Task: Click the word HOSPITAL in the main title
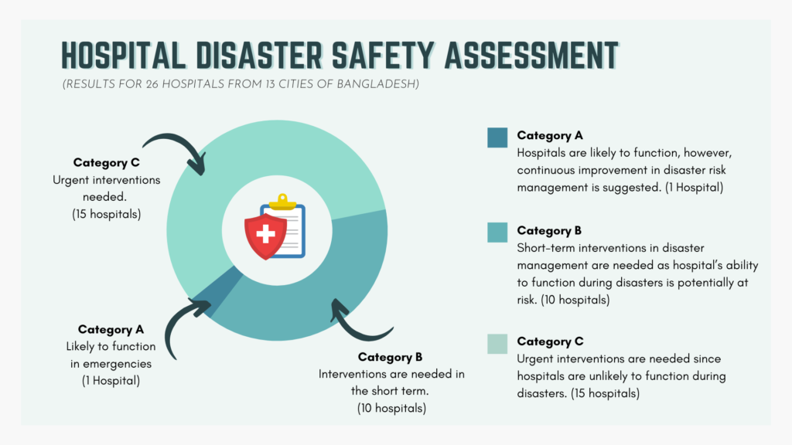(123, 55)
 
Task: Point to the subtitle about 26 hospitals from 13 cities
(241, 83)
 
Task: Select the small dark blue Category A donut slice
(218, 292)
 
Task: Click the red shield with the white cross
(265, 236)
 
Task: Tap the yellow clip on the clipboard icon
(282, 202)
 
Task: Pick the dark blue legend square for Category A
(497, 138)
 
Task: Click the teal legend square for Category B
(497, 233)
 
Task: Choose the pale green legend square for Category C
(497, 344)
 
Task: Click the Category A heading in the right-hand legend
(550, 135)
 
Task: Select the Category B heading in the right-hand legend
(549, 230)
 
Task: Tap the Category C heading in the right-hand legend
(550, 341)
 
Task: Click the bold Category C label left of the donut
(106, 162)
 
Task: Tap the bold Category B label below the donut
(390, 357)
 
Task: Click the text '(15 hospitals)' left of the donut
(106, 214)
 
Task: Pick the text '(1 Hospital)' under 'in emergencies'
(111, 380)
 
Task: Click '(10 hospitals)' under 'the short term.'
(391, 408)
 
